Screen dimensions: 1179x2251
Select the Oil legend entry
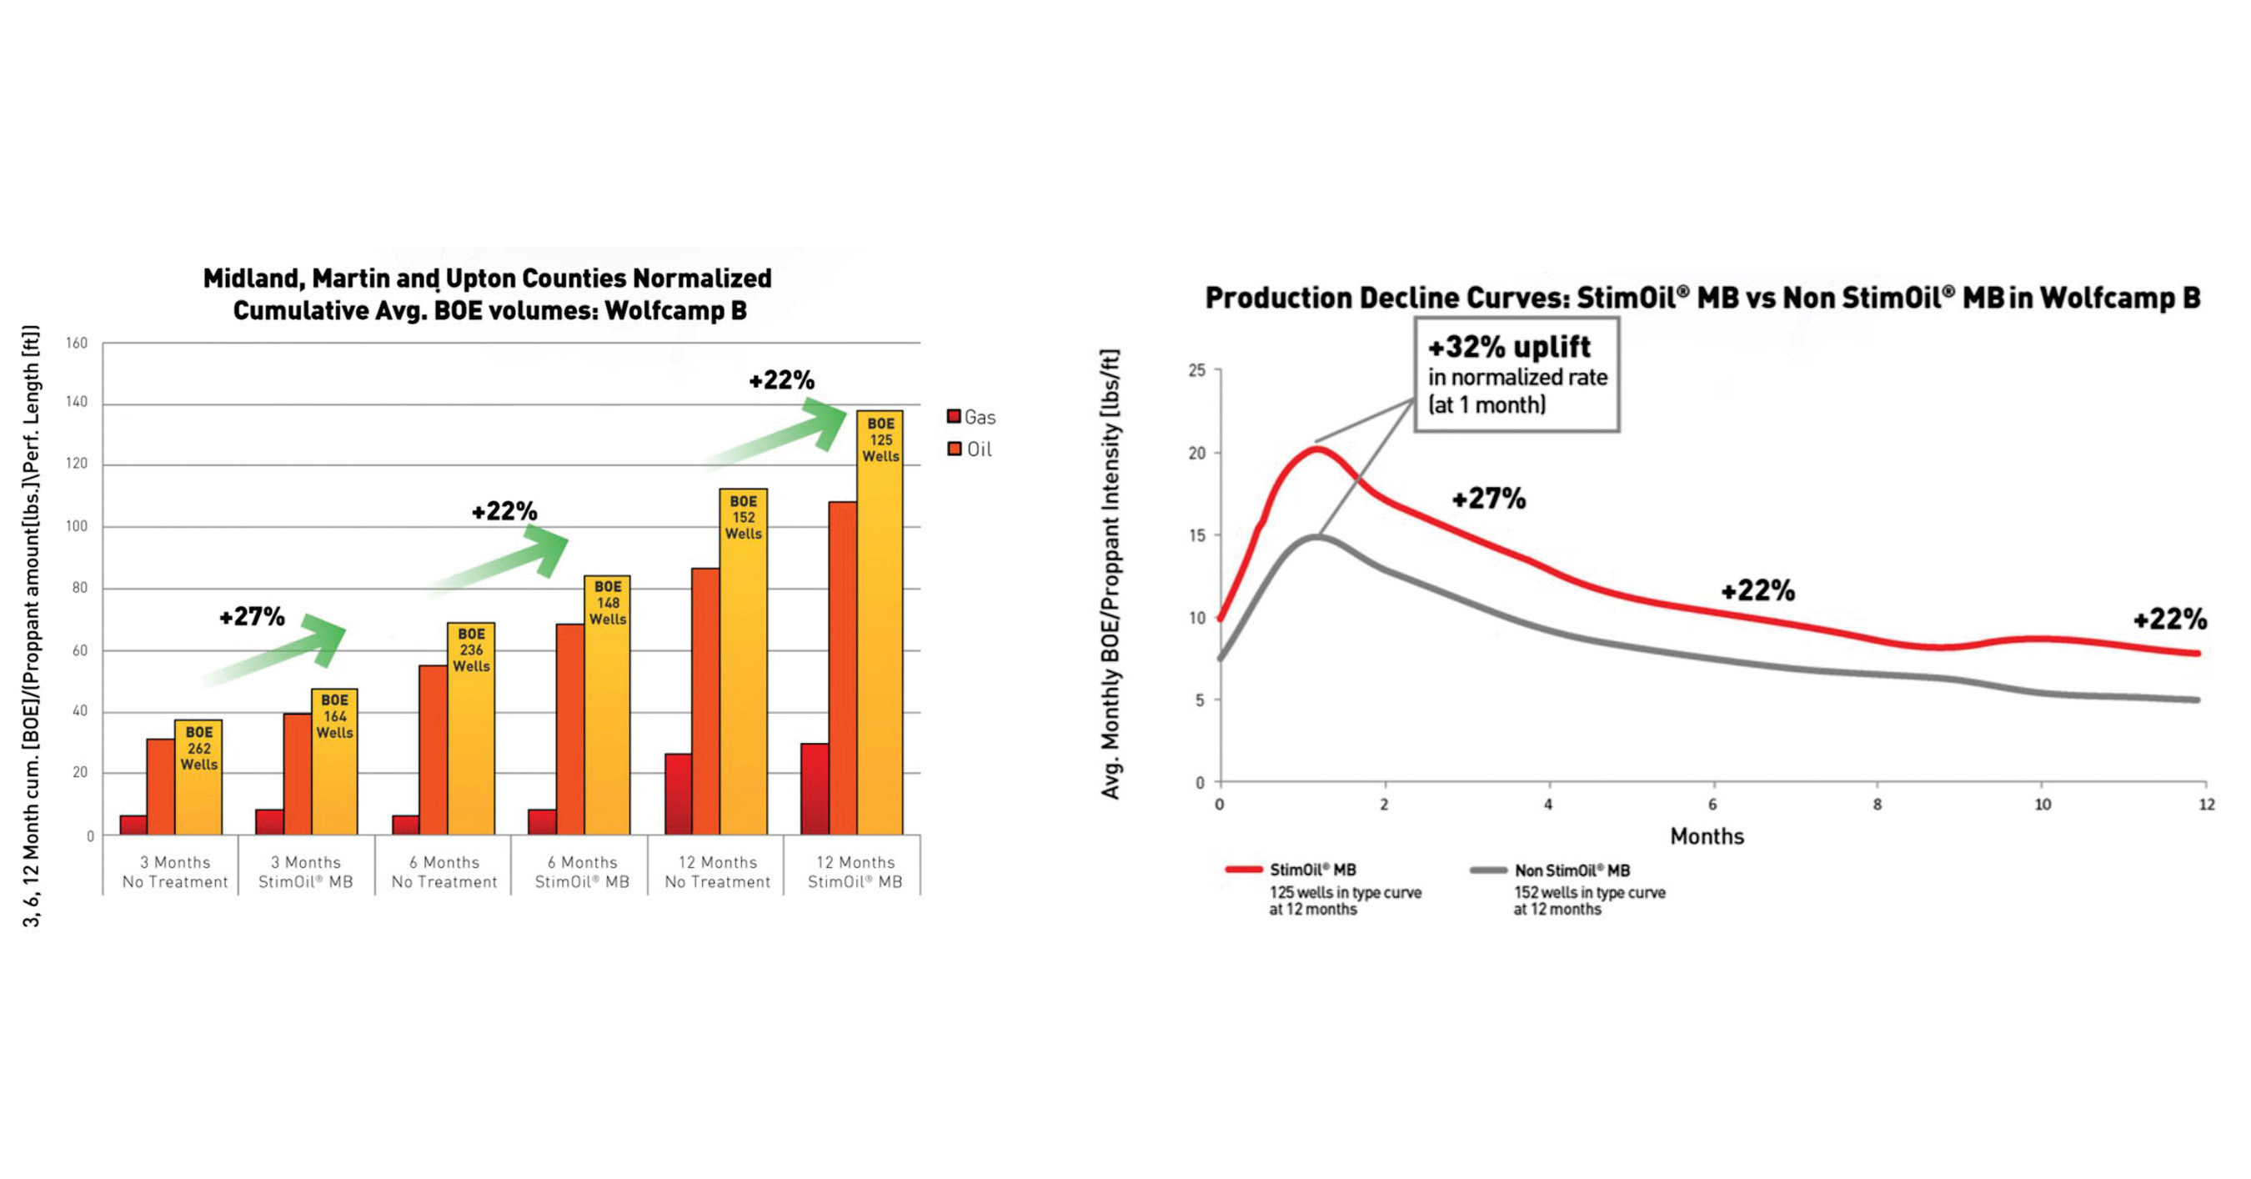(970, 449)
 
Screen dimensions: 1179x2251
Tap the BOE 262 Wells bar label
(198, 748)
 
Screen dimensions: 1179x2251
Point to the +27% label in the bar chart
(252, 616)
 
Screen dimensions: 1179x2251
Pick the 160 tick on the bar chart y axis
(77, 343)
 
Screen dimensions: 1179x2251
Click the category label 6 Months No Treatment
(444, 872)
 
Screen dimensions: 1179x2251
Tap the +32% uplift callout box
(1517, 375)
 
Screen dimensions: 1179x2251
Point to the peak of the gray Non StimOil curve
(1317, 537)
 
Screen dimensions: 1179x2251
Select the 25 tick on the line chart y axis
(1196, 370)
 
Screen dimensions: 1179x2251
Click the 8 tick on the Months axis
(1877, 804)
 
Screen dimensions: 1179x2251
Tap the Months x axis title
(1707, 836)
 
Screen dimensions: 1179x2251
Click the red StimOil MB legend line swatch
(1243, 870)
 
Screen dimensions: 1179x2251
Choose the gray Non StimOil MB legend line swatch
(1488, 870)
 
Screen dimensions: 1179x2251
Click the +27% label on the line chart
(1488, 499)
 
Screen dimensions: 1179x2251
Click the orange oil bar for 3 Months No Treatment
(160, 786)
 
